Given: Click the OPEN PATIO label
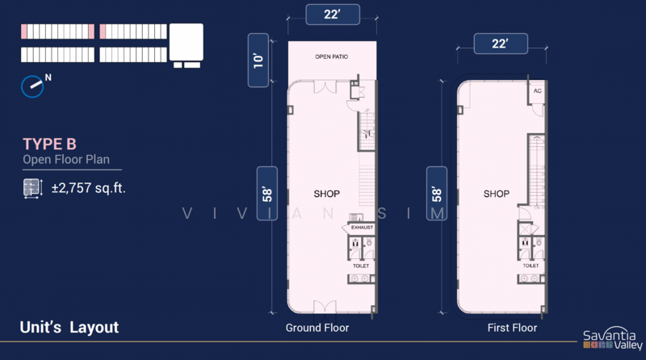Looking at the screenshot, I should [332, 57].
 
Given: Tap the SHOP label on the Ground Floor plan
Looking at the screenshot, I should [326, 194].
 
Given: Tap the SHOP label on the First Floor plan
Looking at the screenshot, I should [497, 194].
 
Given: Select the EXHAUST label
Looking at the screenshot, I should [362, 228].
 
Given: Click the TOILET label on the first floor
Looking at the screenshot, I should [531, 266].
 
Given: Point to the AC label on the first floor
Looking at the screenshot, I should [537, 91].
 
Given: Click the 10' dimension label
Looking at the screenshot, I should [258, 59].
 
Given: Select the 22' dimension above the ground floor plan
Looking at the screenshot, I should [331, 13].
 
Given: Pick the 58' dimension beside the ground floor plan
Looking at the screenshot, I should [267, 195].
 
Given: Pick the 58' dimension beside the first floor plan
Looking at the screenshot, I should [437, 195].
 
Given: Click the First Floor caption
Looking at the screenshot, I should [512, 328].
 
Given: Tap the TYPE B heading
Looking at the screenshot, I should [49, 144].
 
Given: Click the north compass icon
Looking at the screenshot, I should [35, 84].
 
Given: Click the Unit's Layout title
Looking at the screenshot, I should [69, 327].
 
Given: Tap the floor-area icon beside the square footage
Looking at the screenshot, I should [31, 189].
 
